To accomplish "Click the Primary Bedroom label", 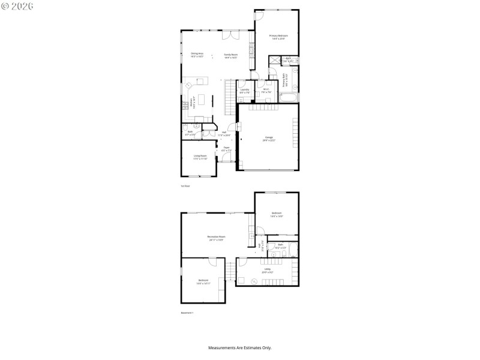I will coord(278,37).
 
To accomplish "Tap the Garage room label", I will coord(268,139).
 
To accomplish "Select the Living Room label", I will coord(200,157).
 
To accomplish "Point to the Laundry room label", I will coord(244,91).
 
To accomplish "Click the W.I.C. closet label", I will coord(266,91).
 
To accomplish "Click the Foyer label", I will coord(226,149).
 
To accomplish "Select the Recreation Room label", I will coord(216,238).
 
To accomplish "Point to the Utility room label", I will coord(268,270).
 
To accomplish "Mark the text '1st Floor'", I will coord(185,186).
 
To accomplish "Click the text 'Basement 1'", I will coord(187,313).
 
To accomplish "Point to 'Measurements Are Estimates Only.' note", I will coord(240,348).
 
